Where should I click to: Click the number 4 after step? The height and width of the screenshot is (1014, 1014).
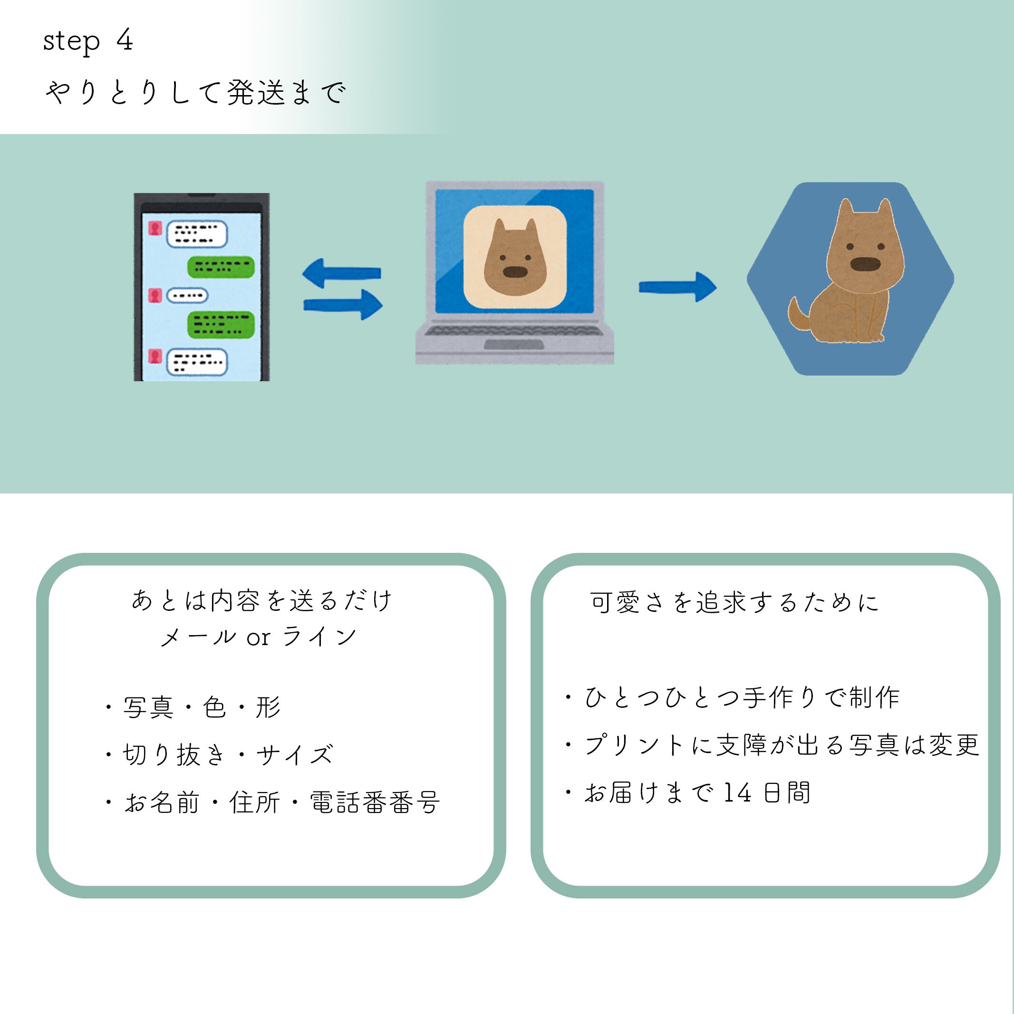tap(125, 40)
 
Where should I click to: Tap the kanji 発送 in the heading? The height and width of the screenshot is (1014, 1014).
tap(256, 93)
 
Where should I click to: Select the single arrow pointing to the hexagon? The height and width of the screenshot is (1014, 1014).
tap(677, 287)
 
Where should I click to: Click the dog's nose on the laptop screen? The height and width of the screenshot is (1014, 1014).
tap(514, 271)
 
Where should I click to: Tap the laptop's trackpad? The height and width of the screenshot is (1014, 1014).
tap(513, 344)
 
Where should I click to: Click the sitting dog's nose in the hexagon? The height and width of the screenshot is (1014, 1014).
tap(865, 264)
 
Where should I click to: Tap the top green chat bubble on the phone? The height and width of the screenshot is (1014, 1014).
tap(221, 266)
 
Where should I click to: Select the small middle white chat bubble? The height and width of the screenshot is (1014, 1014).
tap(187, 296)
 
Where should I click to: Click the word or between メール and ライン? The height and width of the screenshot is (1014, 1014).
tap(258, 637)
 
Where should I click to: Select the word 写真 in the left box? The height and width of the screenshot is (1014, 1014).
tap(148, 707)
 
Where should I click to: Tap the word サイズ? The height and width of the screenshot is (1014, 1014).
tap(294, 755)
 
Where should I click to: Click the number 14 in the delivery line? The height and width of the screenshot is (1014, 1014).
tap(737, 792)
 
